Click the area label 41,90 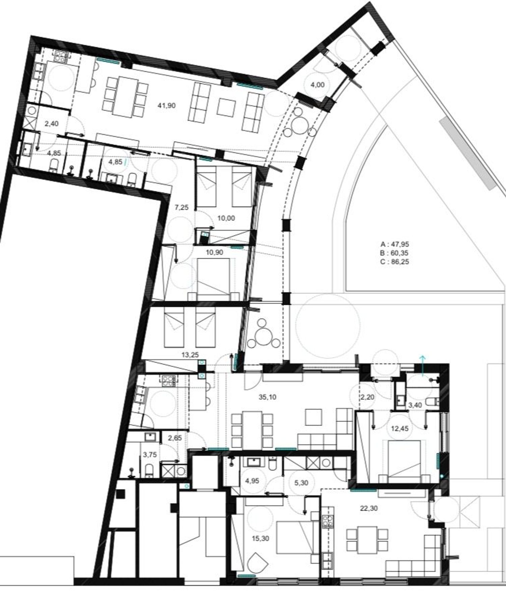click(x=166, y=106)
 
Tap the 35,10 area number click(x=268, y=397)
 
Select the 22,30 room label click(x=369, y=508)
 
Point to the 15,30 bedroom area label click(x=260, y=539)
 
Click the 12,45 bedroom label click(x=399, y=428)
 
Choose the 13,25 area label click(x=190, y=355)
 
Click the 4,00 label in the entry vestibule click(x=317, y=85)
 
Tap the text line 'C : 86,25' click(x=395, y=261)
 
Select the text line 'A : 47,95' click(x=395, y=244)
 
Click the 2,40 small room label click(x=51, y=124)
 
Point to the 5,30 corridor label click(x=301, y=483)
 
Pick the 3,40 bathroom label click(x=415, y=405)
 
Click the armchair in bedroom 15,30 click(x=257, y=561)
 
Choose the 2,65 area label click(x=175, y=438)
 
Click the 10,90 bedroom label click(x=214, y=252)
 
